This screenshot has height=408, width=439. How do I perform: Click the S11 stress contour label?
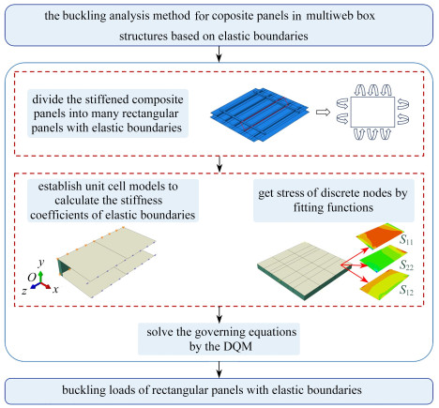point(406,240)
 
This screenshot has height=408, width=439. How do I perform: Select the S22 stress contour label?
point(406,265)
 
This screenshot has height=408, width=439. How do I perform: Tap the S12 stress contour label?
point(406,290)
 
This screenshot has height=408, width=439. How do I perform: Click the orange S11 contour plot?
point(380,235)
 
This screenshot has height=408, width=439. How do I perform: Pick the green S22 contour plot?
point(383,258)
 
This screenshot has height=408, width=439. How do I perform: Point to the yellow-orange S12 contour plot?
point(384,284)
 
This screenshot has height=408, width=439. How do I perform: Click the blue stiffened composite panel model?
point(260,114)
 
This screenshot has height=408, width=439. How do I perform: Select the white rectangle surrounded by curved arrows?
point(372,112)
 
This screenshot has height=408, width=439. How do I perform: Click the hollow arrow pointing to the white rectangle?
point(323,113)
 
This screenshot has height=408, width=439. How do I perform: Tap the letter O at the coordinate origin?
point(31,277)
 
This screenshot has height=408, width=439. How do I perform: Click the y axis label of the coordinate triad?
point(41,262)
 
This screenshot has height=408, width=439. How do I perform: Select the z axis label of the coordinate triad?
point(24,291)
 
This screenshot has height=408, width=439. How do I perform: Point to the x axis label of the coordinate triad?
point(55,289)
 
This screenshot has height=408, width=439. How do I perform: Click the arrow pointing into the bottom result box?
point(219,370)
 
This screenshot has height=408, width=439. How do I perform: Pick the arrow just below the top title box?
point(219,53)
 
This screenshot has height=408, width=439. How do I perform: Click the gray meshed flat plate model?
point(305,270)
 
